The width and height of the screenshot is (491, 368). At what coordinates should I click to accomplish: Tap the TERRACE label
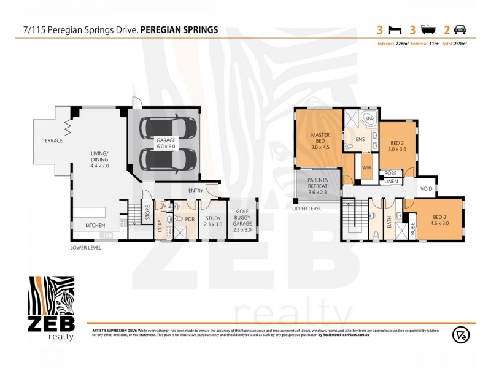53,140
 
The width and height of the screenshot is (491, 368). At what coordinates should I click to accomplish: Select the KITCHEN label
95,226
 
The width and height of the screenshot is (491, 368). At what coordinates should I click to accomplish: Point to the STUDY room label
213,220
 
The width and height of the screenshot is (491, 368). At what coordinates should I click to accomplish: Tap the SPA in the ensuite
369,119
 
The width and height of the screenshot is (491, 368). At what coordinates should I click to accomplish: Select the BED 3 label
441,219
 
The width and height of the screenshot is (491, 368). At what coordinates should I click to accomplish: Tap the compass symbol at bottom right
460,334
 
